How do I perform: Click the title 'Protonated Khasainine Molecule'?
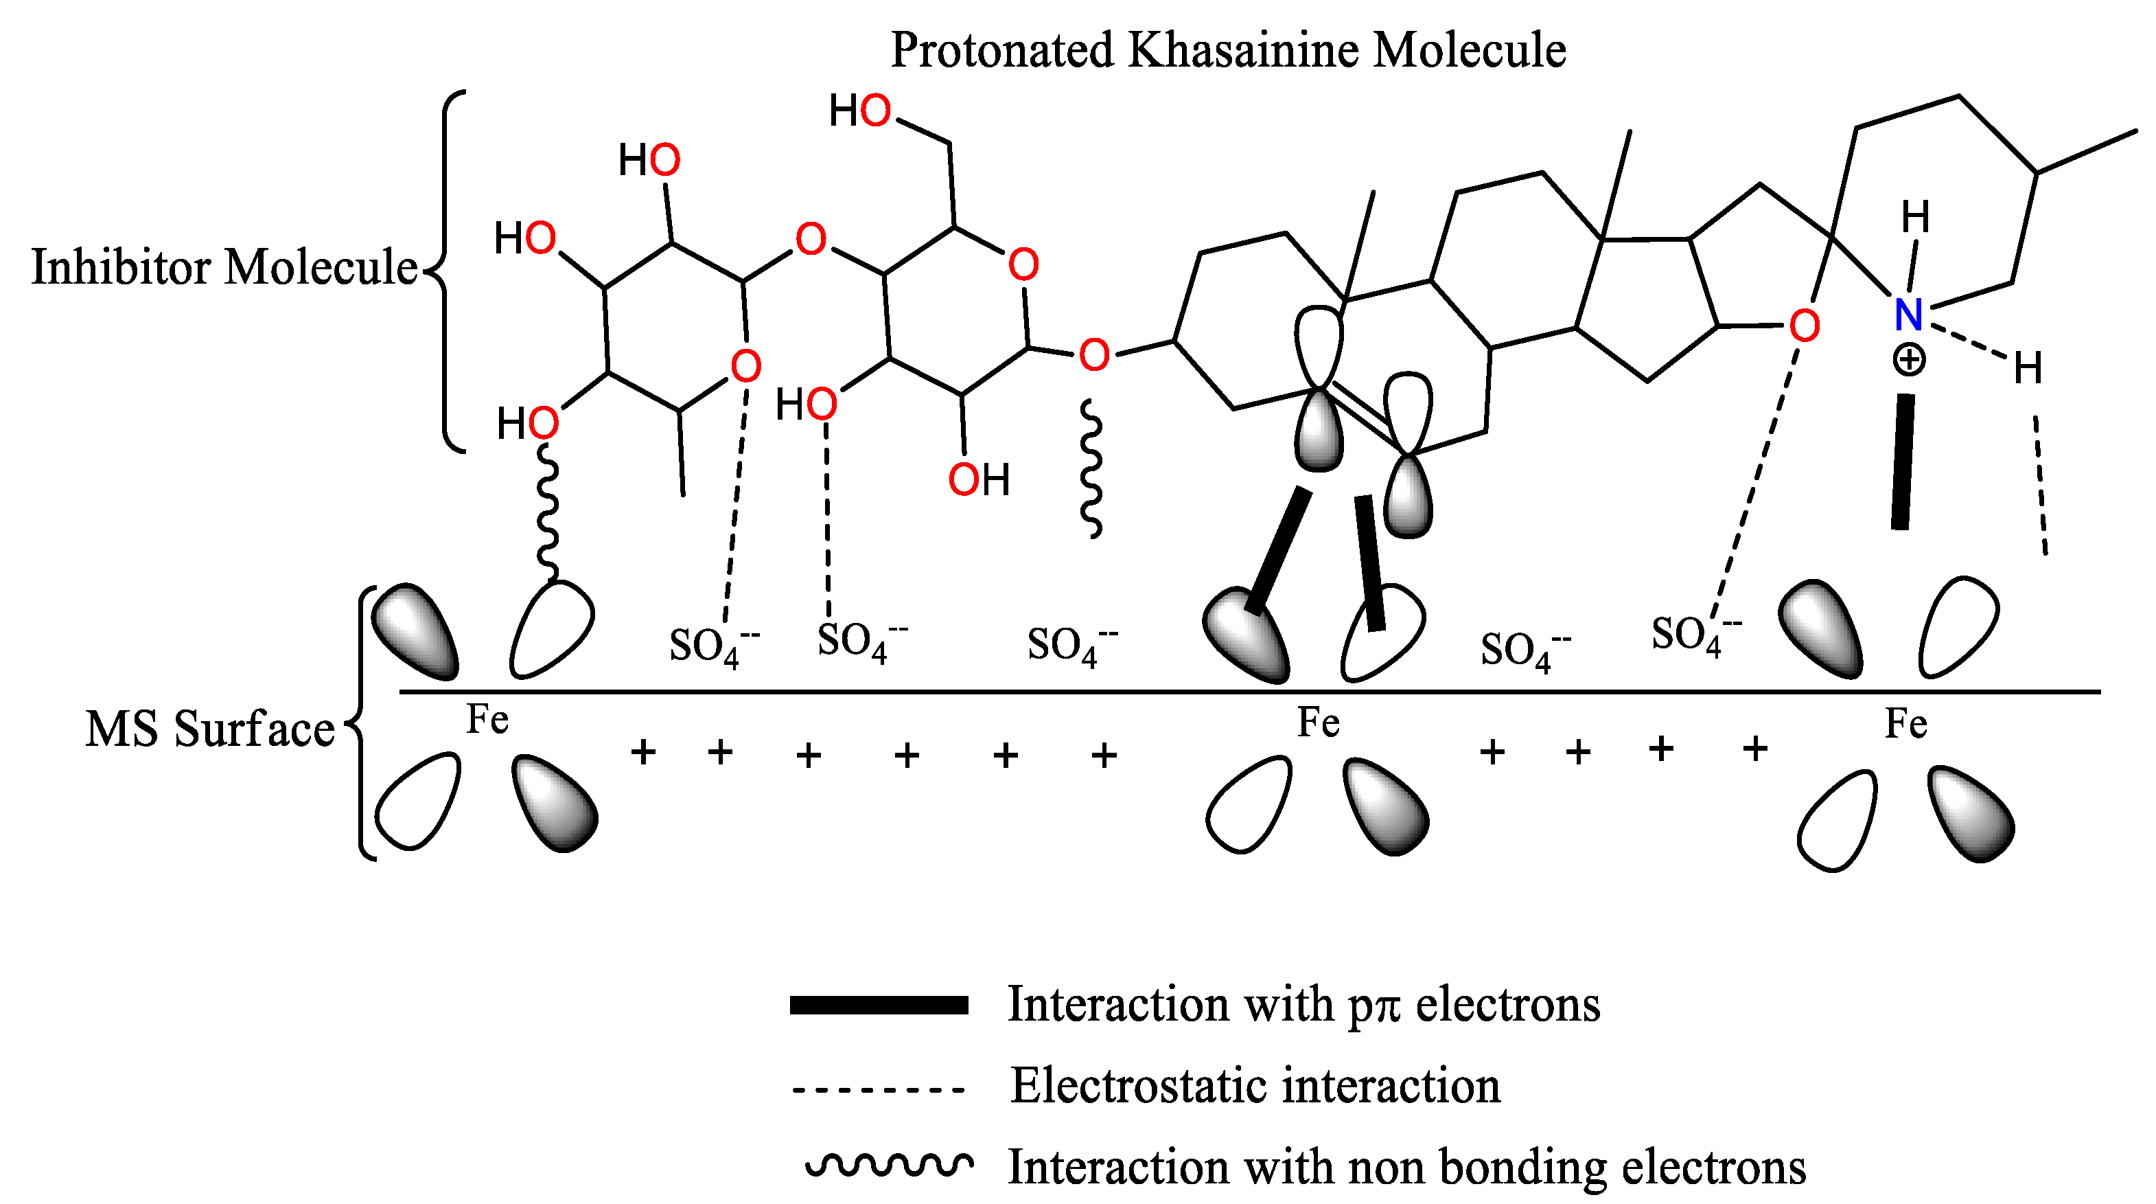(x=1228, y=50)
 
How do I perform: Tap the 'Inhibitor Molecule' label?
(x=224, y=268)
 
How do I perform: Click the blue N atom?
(x=1908, y=315)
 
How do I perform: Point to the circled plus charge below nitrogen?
(x=1908, y=361)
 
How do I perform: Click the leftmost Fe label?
(x=487, y=719)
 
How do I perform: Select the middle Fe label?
(x=1318, y=723)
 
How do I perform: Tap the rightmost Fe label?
(x=1905, y=723)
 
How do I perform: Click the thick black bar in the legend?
(x=879, y=1005)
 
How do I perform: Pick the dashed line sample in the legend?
(x=879, y=1089)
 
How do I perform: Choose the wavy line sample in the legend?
(x=889, y=1165)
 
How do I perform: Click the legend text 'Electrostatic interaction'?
(x=1255, y=1086)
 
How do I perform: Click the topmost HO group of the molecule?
(x=859, y=111)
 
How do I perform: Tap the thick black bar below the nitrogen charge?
(x=1903, y=462)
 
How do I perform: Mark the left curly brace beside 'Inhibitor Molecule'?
(x=448, y=272)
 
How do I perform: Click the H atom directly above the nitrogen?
(x=1915, y=218)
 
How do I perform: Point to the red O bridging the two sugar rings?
(x=810, y=240)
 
